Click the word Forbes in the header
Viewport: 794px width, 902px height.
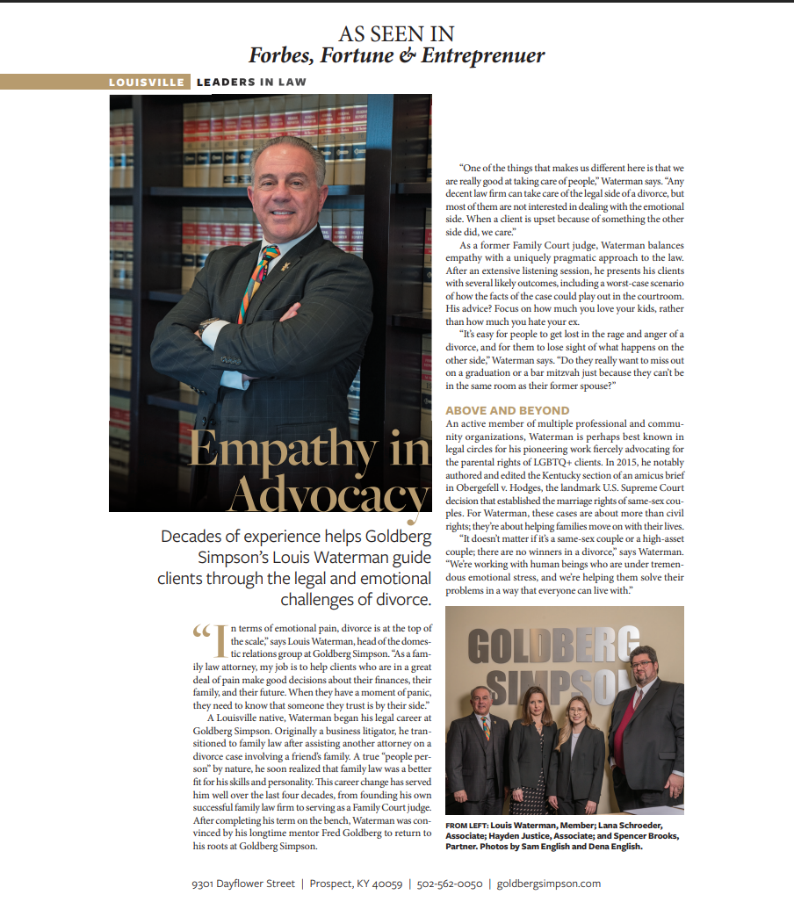click(280, 55)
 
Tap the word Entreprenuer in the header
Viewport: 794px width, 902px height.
click(483, 55)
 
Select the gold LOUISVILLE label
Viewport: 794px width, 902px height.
click(147, 82)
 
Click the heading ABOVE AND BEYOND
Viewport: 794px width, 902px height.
click(508, 410)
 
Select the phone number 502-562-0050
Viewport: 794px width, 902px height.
click(449, 883)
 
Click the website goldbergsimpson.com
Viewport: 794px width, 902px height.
click(549, 883)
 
